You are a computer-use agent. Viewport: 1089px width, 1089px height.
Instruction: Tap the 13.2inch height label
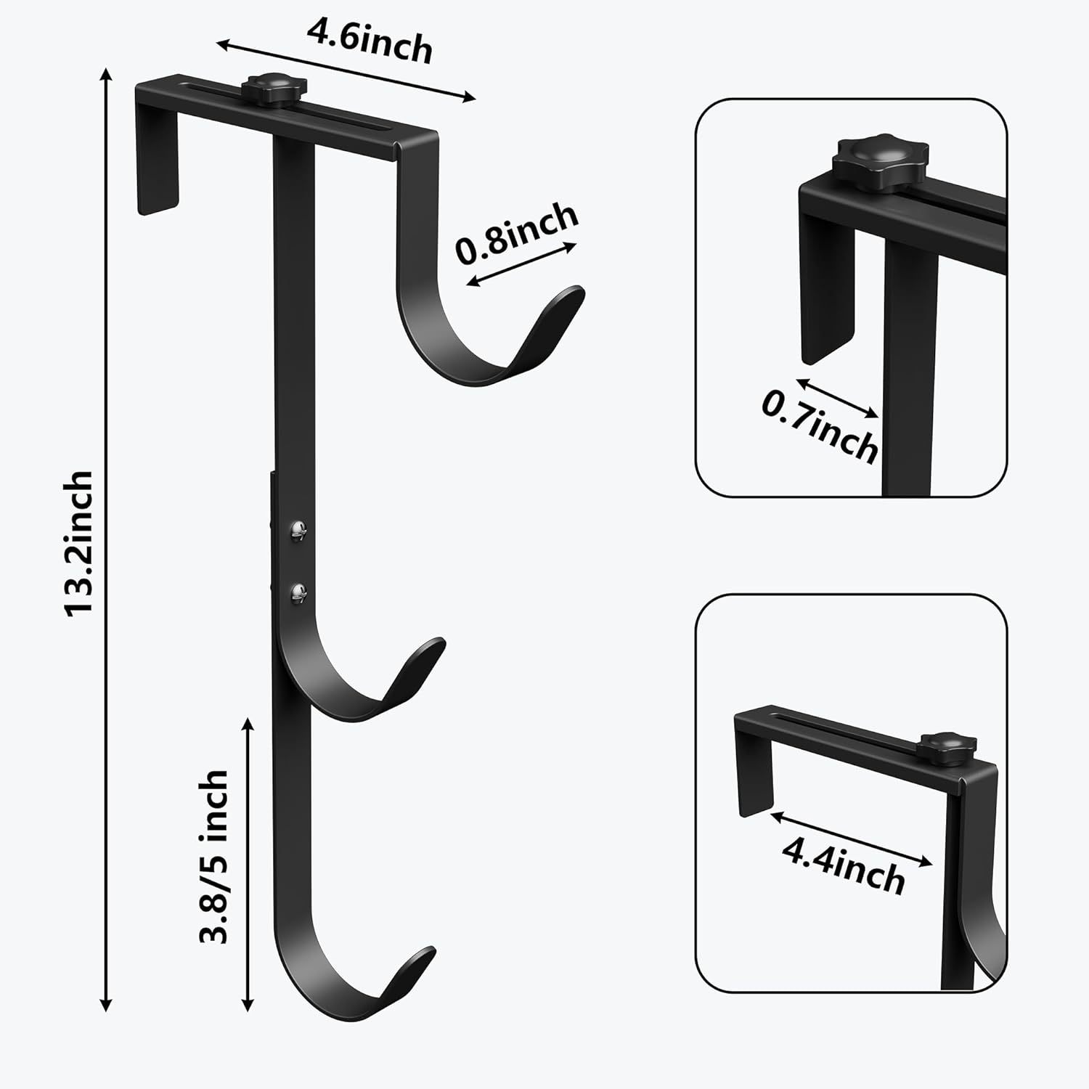pos(79,543)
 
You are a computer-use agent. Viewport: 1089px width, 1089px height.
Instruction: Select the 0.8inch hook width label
pos(517,233)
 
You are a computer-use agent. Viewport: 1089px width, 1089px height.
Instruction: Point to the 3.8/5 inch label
pos(213,856)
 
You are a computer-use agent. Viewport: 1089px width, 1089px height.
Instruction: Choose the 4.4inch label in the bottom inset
pos(844,867)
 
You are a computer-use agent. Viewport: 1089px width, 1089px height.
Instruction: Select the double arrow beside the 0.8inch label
pos(521,264)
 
